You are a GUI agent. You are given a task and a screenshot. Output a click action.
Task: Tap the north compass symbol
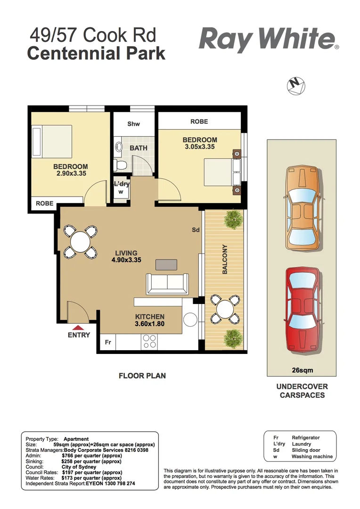(296, 85)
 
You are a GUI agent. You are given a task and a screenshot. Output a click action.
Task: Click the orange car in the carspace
(302, 208)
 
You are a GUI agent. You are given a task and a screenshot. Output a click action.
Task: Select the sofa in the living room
(167, 283)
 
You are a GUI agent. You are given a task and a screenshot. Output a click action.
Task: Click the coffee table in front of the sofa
(166, 264)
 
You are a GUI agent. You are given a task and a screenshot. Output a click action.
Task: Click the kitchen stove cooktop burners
(150, 341)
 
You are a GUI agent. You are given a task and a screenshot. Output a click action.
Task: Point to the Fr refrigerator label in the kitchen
(107, 342)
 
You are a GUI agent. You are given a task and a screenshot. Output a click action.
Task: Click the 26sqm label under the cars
(302, 370)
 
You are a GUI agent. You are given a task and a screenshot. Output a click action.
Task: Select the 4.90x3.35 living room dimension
(126, 260)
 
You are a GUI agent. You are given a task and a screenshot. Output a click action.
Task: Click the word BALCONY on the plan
(225, 259)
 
